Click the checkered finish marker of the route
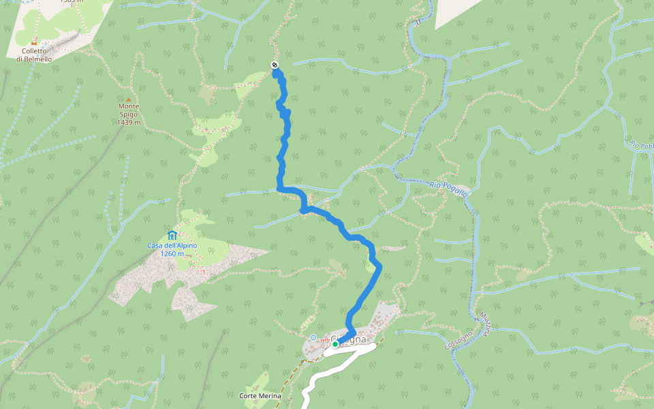275,65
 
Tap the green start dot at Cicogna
335,344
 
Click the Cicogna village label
349,339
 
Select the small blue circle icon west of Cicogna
313,337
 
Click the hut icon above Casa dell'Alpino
172,236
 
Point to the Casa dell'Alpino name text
172,245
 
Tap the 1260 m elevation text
172,254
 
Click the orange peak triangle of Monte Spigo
128,100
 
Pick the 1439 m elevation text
128,123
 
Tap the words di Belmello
34,59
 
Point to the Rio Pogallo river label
449,189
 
